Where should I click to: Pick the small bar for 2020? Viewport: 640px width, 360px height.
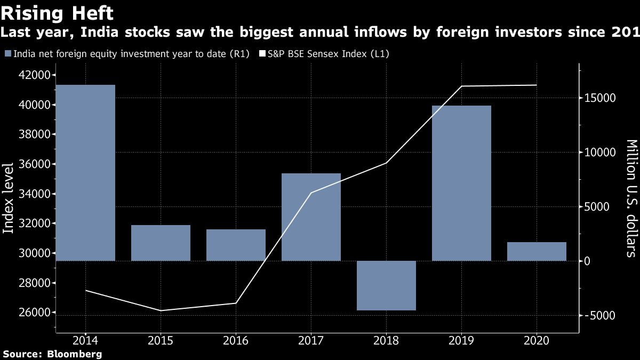(537, 251)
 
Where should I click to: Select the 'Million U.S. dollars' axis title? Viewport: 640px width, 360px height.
(630, 198)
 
